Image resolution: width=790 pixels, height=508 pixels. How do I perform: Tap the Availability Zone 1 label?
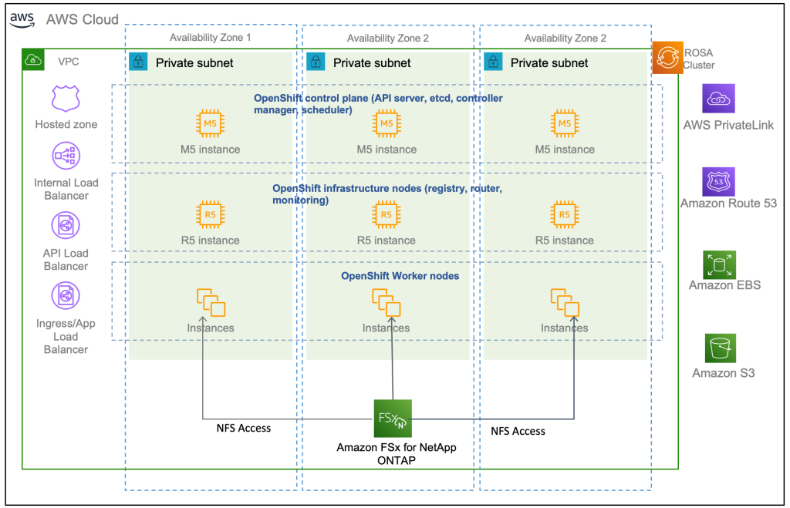pos(211,38)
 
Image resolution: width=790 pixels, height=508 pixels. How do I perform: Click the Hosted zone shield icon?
pos(66,99)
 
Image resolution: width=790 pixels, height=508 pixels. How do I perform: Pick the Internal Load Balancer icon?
pos(66,156)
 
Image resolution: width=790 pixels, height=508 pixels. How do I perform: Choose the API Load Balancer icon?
pos(66,226)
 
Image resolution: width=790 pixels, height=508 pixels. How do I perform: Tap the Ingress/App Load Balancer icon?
pos(66,296)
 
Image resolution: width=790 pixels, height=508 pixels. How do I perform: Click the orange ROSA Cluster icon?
pos(667,58)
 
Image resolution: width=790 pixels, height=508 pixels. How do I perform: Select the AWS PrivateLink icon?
pos(719,99)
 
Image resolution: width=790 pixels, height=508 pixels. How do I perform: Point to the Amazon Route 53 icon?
pos(719,183)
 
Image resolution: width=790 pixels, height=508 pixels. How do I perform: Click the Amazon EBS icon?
pos(719,264)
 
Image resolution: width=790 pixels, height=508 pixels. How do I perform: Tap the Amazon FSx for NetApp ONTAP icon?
pos(393,419)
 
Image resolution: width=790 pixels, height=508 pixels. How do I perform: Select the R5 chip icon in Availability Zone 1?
pos(210,214)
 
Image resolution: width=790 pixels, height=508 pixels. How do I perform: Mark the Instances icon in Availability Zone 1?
pos(211,302)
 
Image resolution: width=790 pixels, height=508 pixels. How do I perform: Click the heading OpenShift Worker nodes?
pos(400,276)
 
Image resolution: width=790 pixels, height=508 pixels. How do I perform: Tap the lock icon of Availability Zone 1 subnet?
pos(138,62)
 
